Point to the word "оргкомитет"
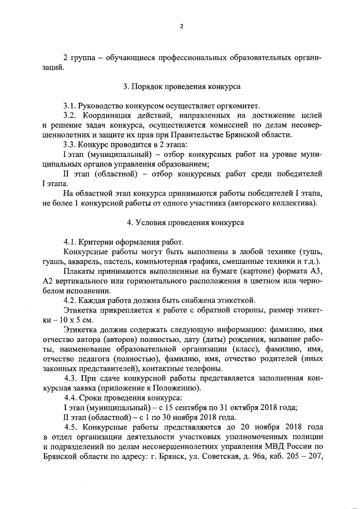(x=235, y=105)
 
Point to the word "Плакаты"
(x=80, y=271)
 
